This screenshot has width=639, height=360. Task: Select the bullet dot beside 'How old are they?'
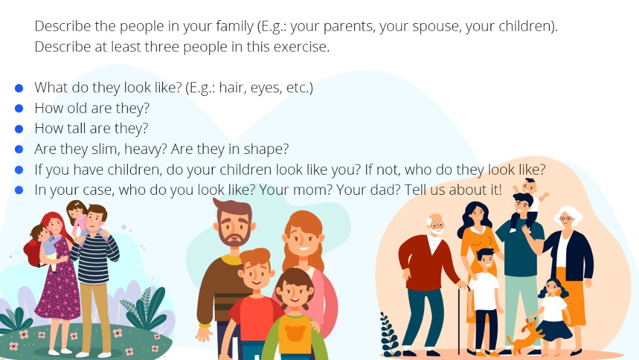(19, 108)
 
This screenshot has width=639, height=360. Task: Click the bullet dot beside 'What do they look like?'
(19, 88)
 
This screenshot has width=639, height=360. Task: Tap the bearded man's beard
(234, 235)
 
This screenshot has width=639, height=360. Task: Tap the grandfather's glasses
(437, 225)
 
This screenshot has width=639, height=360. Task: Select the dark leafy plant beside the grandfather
(389, 335)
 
